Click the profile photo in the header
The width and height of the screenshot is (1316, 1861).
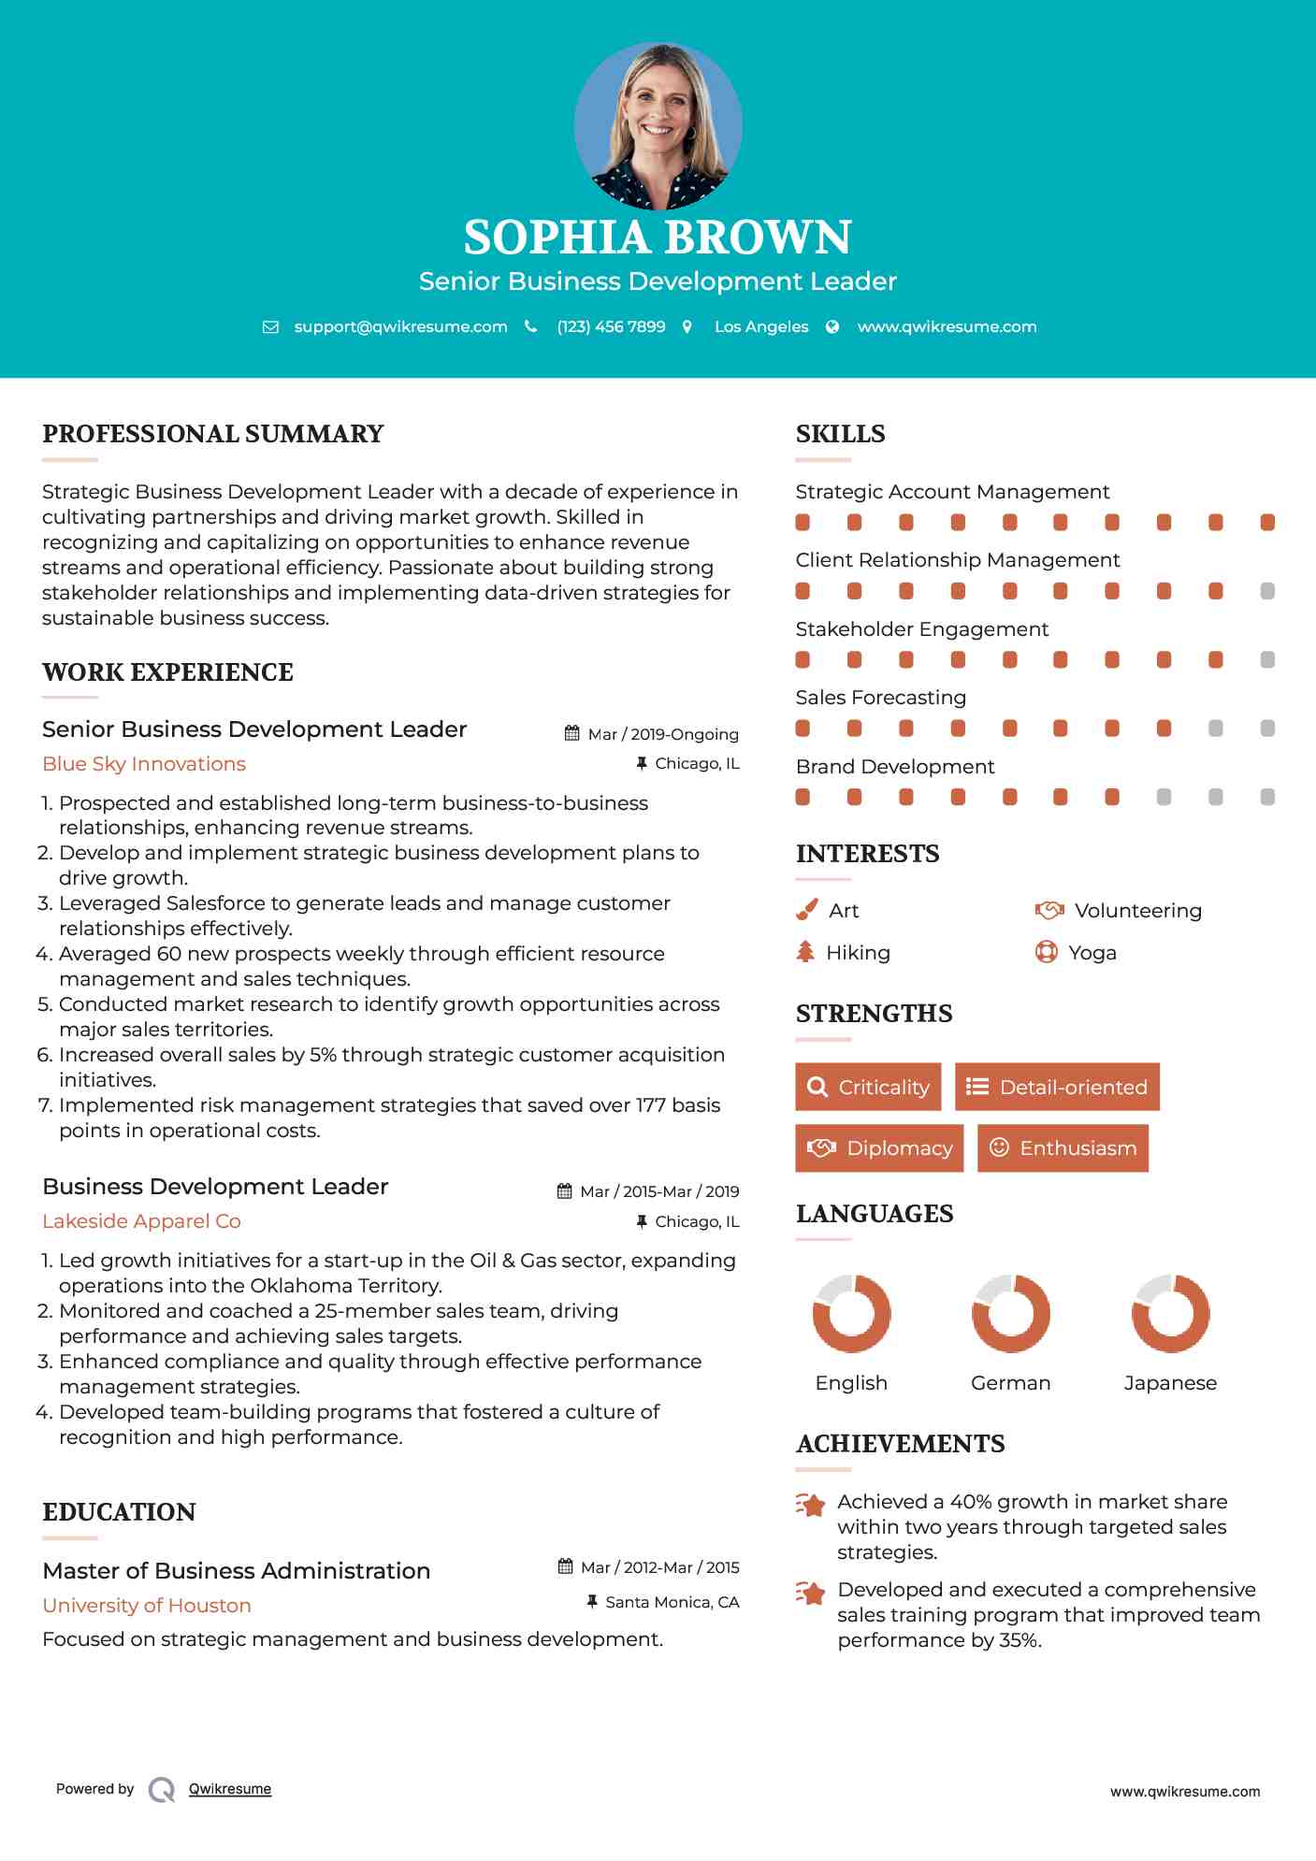tap(658, 125)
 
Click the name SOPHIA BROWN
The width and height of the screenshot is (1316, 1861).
tap(658, 237)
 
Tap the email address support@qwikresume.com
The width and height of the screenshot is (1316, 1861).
tap(400, 326)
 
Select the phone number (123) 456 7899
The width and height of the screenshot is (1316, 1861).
tap(611, 326)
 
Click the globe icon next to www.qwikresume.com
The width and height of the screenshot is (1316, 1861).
tap(832, 326)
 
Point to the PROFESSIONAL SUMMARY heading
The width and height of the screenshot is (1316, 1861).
tap(213, 434)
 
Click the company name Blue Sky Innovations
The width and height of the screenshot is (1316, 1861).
tap(144, 764)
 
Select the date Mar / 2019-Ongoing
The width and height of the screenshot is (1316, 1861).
tap(662, 734)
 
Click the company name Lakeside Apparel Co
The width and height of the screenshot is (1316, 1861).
tap(141, 1221)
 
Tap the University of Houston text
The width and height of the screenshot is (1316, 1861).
tap(147, 1606)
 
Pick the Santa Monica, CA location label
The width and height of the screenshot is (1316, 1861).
tap(672, 1602)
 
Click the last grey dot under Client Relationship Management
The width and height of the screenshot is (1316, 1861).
tap(1267, 591)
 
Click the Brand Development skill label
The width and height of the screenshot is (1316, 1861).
tap(895, 767)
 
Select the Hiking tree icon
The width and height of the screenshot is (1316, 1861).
tap(805, 952)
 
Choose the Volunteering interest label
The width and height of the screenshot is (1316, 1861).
tap(1137, 911)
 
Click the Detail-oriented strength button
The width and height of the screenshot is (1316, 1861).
tap(1057, 1087)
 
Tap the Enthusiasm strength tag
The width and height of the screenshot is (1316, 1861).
tap(1063, 1147)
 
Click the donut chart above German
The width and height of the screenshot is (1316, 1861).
tap(1010, 1313)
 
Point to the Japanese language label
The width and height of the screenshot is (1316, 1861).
tap(1170, 1383)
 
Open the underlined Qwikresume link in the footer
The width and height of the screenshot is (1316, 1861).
tap(230, 1789)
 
